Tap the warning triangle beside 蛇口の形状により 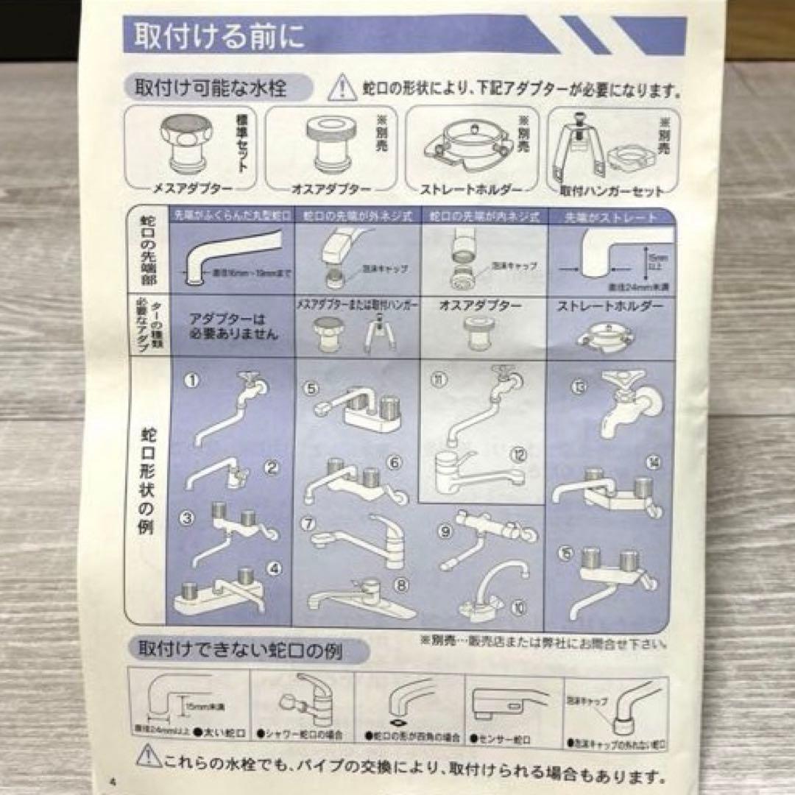point(342,89)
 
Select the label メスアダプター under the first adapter point(188,189)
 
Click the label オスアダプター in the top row point(331,189)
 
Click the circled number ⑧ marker point(401,587)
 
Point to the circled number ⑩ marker point(520,607)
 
